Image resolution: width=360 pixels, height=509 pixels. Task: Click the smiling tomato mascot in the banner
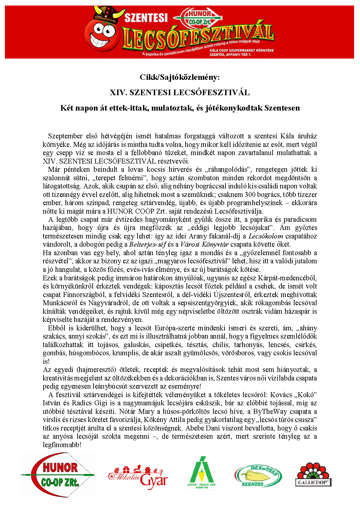pyautogui.click(x=100, y=33)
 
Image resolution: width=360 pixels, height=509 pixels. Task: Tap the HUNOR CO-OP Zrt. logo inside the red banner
pyautogui.click(x=199, y=18)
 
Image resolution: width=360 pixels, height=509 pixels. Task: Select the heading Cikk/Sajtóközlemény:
pyautogui.click(x=180, y=77)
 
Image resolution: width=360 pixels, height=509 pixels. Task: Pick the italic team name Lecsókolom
pyautogui.click(x=266, y=236)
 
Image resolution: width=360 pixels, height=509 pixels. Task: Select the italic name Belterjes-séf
pyautogui.click(x=148, y=244)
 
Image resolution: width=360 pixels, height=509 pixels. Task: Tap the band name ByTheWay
pyautogui.click(x=270, y=412)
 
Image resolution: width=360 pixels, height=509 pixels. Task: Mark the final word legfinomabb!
pyautogui.click(x=62, y=445)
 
